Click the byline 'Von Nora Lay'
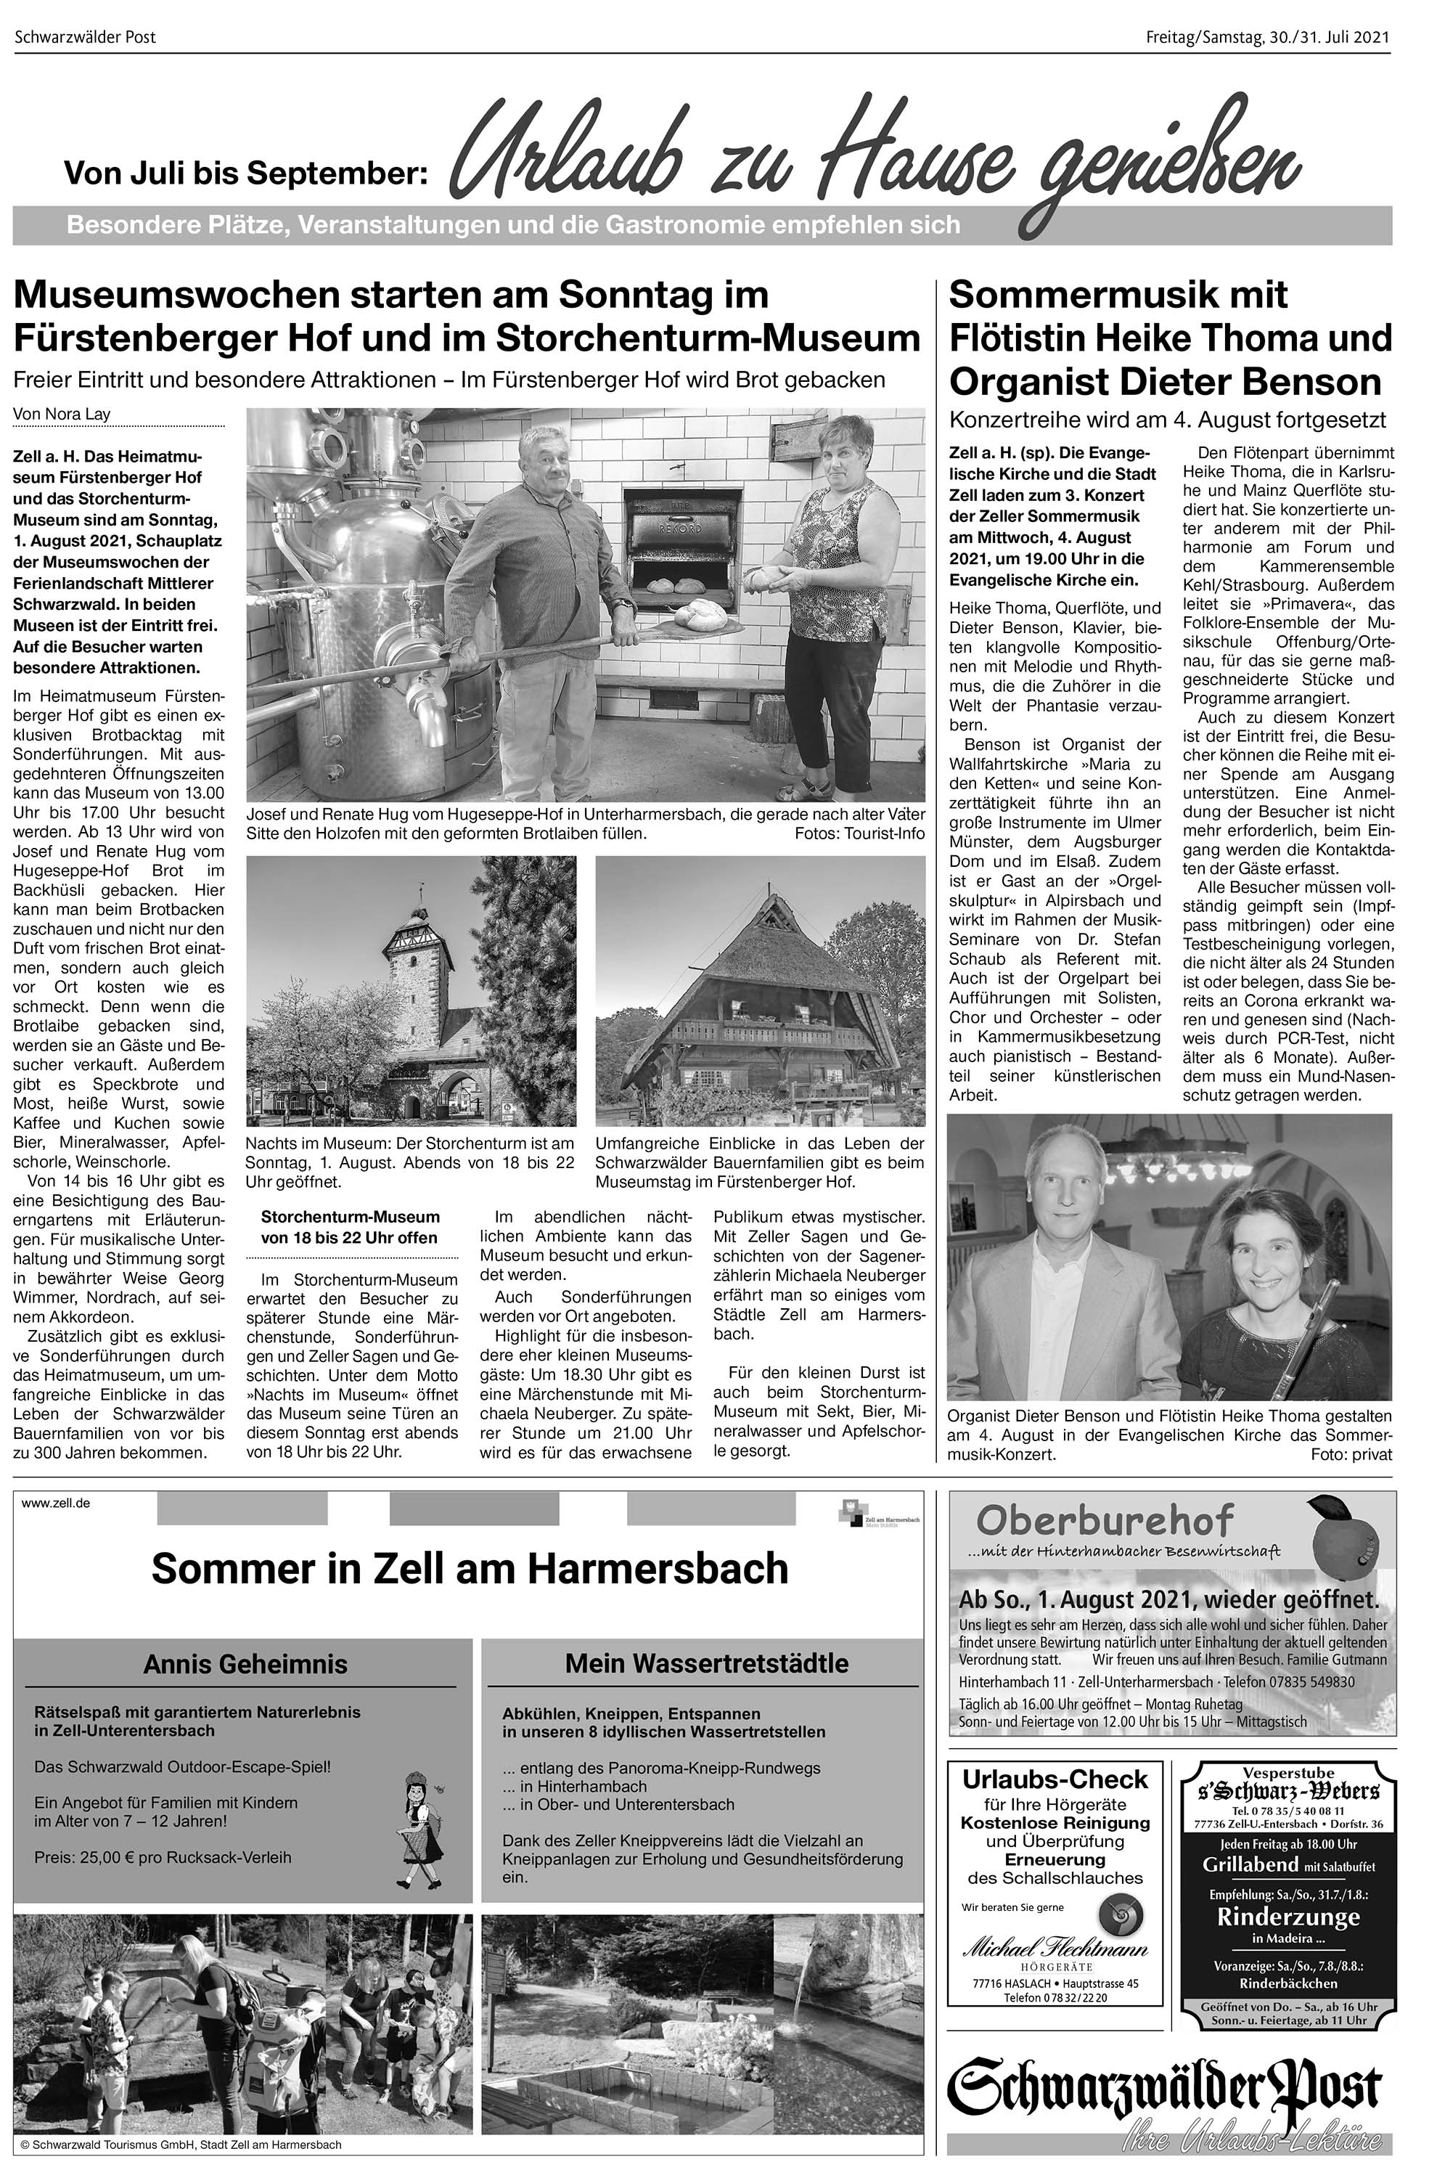click(62, 413)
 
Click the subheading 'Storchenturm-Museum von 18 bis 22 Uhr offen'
click(349, 1226)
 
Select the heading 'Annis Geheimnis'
click(245, 1664)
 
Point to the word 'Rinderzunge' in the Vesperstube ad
click(1287, 1916)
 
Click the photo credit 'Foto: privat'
click(1351, 1454)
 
